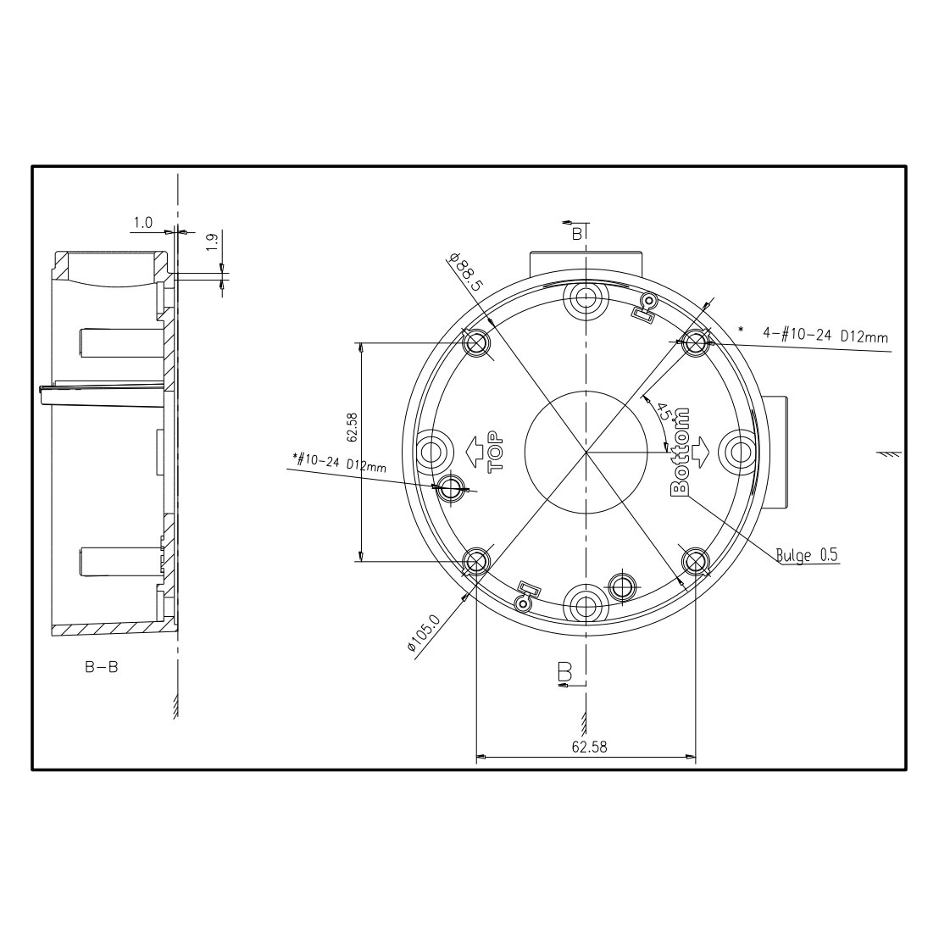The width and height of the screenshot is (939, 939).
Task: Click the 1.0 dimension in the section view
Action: tap(142, 223)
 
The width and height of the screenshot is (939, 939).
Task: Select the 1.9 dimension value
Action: tap(211, 240)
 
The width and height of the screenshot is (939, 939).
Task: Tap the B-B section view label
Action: tap(101, 667)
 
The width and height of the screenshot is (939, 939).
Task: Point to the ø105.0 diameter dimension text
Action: tap(424, 632)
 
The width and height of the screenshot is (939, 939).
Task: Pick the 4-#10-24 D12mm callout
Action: tap(825, 336)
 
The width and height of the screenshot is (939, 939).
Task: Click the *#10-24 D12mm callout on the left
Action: tap(337, 462)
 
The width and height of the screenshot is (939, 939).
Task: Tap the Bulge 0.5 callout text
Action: tap(806, 556)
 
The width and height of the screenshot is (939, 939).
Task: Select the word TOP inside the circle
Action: tap(495, 448)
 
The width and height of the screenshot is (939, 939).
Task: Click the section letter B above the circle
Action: tap(576, 234)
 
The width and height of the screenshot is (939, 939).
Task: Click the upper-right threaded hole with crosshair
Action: tap(696, 343)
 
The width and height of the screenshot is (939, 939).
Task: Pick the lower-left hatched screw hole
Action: tap(476, 561)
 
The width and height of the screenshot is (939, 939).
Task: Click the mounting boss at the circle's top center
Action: tap(586, 297)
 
